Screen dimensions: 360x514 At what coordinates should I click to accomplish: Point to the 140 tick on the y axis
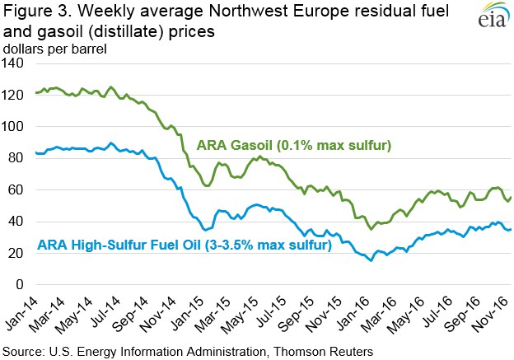click(x=13, y=64)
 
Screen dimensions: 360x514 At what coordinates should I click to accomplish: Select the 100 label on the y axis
click(x=13, y=128)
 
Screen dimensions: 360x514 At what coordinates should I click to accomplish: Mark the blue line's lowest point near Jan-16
click(x=371, y=260)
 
